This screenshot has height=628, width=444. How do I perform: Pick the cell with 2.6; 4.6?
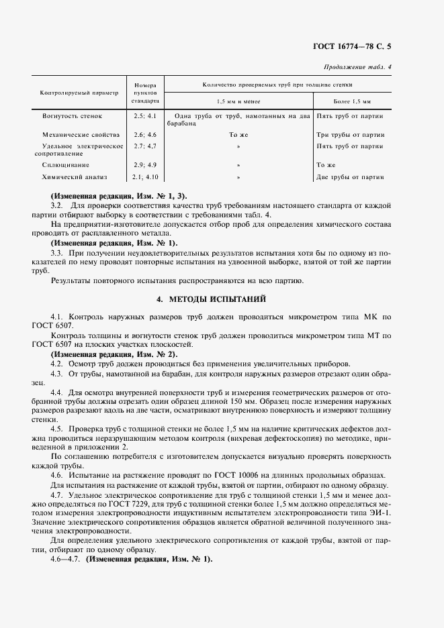[x=144, y=134]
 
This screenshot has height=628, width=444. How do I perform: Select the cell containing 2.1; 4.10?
[x=144, y=177]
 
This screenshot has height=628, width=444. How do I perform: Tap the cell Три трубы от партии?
[x=350, y=134]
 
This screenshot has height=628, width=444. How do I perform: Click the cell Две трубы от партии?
[x=350, y=177]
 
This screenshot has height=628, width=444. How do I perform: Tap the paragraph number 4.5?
[x=56, y=427]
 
